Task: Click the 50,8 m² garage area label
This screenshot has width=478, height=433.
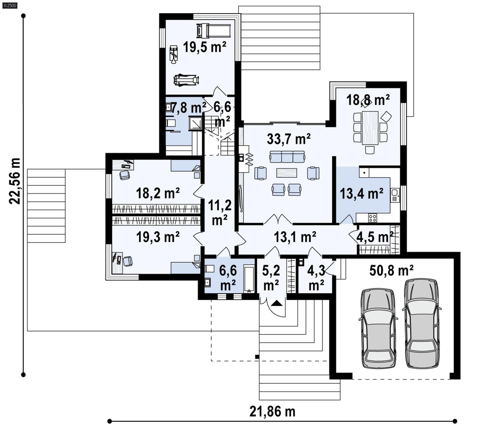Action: pos(391,271)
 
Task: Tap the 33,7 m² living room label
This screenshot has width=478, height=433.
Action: pos(289,139)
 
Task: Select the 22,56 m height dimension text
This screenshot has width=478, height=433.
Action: pos(15,181)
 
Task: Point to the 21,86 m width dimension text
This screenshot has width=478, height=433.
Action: pos(272,412)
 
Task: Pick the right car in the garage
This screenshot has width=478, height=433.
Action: pos(422,323)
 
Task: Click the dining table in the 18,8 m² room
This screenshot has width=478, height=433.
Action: pos(370,128)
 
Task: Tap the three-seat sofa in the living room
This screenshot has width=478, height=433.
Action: pos(287,157)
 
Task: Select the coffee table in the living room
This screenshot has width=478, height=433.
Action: pos(287,173)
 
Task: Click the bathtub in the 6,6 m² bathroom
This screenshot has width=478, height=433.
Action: pos(249,279)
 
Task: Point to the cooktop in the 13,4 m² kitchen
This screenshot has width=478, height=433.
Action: pos(373,218)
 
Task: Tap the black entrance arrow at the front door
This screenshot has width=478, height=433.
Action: pos(277,303)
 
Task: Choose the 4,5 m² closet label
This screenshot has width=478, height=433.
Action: pos(375,237)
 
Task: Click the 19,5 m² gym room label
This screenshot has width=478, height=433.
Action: pos(204,47)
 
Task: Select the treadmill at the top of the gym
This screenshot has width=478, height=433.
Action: pos(213,31)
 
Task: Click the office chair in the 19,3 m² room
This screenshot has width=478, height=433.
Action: pos(128,261)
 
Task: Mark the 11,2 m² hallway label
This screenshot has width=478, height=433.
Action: pos(220,212)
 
